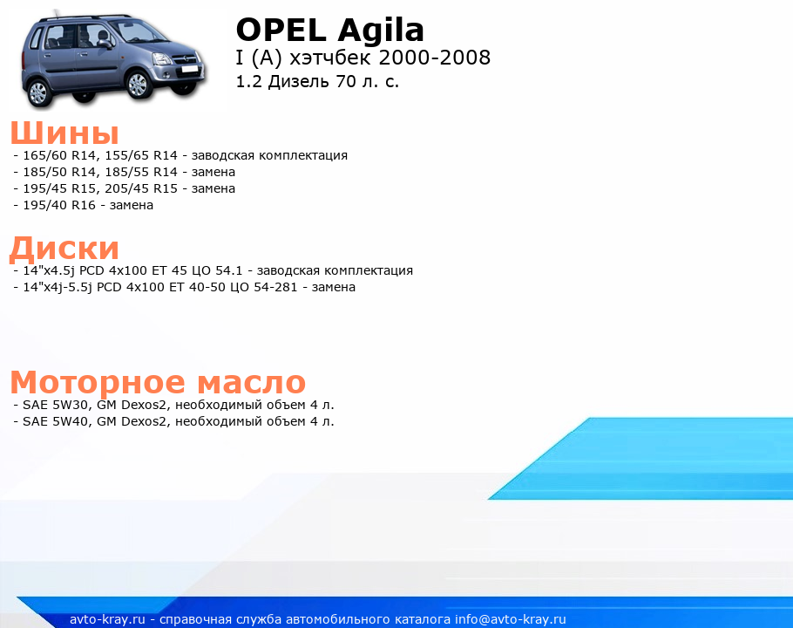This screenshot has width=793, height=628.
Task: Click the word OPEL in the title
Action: click(x=281, y=30)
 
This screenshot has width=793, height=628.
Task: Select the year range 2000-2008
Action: click(x=435, y=58)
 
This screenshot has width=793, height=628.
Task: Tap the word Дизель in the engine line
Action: click(x=298, y=81)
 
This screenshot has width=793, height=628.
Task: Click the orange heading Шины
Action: click(x=64, y=133)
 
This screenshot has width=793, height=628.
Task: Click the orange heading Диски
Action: click(x=64, y=249)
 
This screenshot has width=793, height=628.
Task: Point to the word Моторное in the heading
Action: click(x=98, y=382)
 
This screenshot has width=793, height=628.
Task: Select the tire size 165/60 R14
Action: click(x=59, y=155)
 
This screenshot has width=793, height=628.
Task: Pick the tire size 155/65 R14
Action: click(x=141, y=155)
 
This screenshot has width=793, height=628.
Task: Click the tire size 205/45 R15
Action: click(x=141, y=188)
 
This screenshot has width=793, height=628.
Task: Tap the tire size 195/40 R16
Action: click(x=59, y=206)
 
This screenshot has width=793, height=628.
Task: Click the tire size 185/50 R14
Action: click(x=59, y=172)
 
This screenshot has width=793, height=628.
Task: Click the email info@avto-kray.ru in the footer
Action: click(x=511, y=619)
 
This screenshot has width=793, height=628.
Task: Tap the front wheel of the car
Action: click(x=138, y=84)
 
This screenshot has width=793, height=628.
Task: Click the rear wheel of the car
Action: click(x=38, y=92)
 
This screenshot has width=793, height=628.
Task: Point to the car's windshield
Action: click(x=137, y=31)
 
